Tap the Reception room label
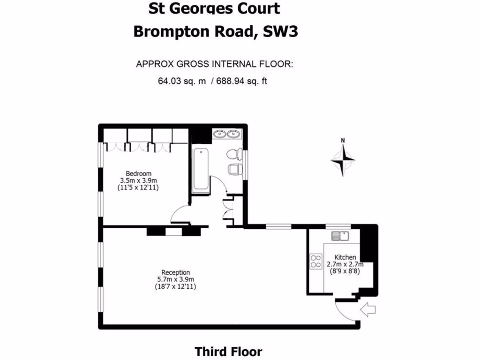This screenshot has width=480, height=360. [175, 272]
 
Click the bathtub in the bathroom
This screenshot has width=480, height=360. [201, 169]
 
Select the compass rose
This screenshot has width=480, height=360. [343, 160]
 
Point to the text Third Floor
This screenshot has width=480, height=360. [228, 352]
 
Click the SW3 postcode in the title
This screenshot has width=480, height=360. [280, 31]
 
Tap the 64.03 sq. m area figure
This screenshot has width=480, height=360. [182, 81]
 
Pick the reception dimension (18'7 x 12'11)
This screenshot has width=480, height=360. [175, 286]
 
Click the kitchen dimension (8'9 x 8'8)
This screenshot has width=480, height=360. [345, 270]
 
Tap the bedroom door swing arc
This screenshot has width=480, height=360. [179, 215]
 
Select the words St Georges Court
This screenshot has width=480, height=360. [214, 8]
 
